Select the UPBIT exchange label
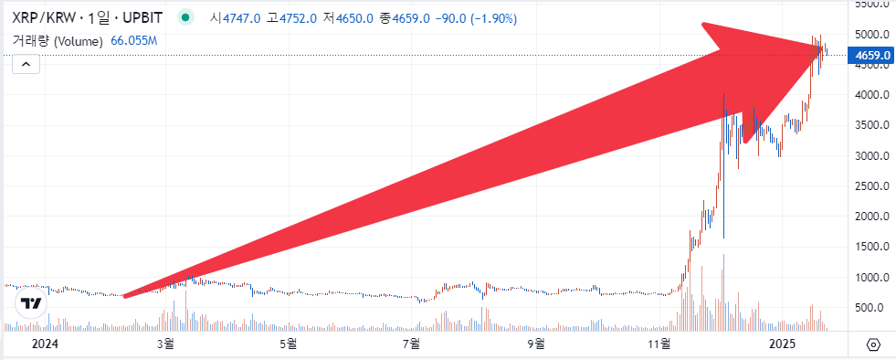tap(142, 17)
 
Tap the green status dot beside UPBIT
tap(186, 17)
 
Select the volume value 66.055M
tap(134, 41)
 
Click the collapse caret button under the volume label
tap(26, 64)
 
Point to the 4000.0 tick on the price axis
tap(872, 95)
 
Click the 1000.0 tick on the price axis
tap(872, 278)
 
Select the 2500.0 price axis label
tap(872, 186)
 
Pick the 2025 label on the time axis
tap(784, 344)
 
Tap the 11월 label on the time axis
tap(659, 344)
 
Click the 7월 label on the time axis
tap(411, 344)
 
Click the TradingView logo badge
tap(31, 303)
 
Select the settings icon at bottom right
tap(873, 344)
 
